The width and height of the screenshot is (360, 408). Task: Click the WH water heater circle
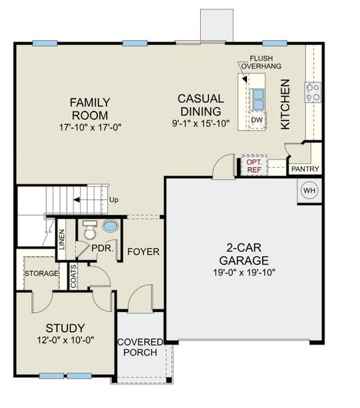click(309, 190)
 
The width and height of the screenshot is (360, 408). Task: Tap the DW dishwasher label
click(257, 120)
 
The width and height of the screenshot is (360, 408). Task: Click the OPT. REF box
click(254, 167)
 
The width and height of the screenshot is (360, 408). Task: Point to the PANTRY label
click(305, 169)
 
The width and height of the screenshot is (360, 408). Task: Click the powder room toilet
click(88, 232)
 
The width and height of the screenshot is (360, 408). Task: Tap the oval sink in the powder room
click(110, 226)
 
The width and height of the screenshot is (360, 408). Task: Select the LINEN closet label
click(62, 238)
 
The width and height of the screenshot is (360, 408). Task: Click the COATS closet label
click(73, 276)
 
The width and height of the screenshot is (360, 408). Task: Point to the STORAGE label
click(42, 273)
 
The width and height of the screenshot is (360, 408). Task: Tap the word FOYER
click(143, 252)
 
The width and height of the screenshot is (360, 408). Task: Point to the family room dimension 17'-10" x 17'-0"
click(90, 127)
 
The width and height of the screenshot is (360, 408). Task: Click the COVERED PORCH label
click(140, 347)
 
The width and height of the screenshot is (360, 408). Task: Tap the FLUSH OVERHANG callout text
click(265, 63)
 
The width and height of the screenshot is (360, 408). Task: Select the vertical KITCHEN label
click(285, 104)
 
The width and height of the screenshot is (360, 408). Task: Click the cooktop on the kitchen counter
click(313, 92)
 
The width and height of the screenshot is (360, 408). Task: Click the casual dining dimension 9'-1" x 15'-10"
click(201, 124)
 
